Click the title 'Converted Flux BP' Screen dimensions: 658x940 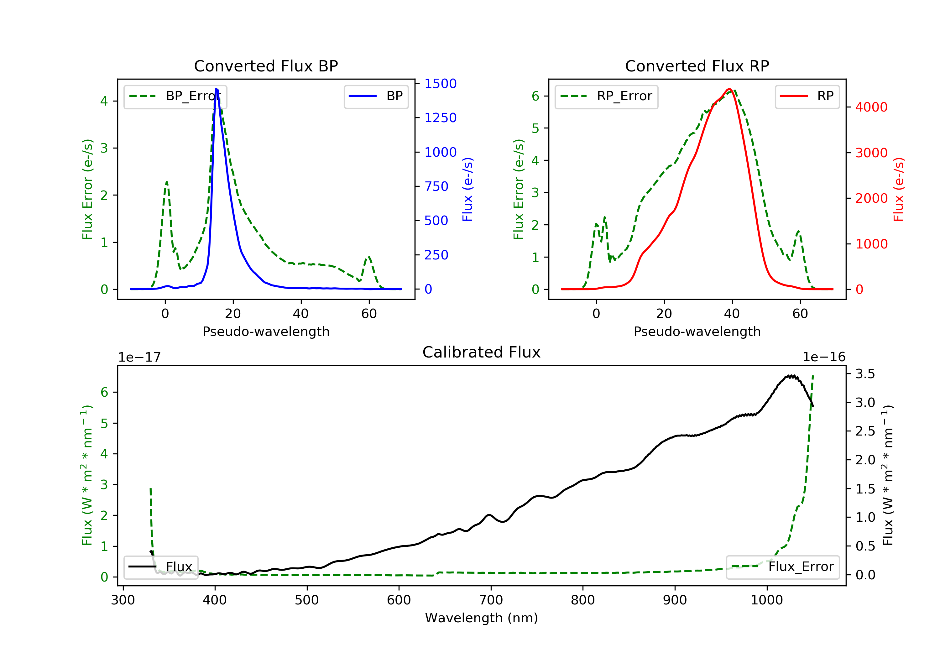(266, 66)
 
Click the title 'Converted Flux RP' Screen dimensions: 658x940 (697, 66)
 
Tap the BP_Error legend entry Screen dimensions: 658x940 (175, 96)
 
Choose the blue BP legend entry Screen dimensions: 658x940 (376, 96)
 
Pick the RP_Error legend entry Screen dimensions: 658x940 (606, 96)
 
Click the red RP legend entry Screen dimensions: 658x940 (807, 96)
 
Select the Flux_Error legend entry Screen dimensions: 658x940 (782, 567)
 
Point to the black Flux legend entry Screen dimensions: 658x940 (160, 567)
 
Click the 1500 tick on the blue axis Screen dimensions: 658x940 (440, 84)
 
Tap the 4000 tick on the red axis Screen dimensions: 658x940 (871, 107)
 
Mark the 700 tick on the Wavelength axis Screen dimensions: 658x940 (490, 600)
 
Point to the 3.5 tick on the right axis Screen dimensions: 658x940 (865, 374)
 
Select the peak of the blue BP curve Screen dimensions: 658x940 (217, 89)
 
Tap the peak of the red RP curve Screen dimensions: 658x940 (729, 89)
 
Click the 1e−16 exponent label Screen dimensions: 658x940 (824, 357)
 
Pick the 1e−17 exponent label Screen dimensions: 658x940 (139, 358)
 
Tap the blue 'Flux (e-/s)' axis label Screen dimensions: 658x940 (467, 189)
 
